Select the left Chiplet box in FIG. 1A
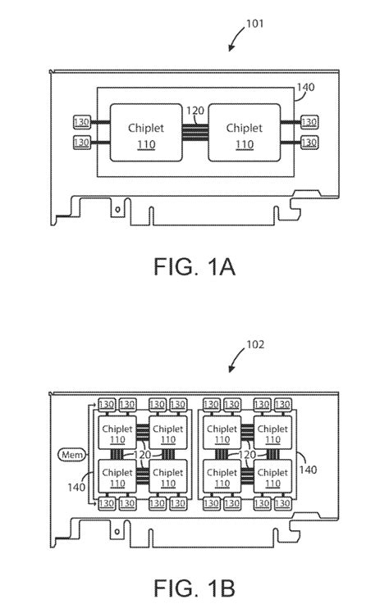point(144,135)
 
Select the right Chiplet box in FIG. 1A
point(244,135)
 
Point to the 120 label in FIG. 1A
point(194,110)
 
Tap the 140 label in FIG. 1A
point(304,86)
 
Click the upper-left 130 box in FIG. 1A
point(83,121)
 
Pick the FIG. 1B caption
point(194,588)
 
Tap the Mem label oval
point(69,453)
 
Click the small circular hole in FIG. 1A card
point(118,208)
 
